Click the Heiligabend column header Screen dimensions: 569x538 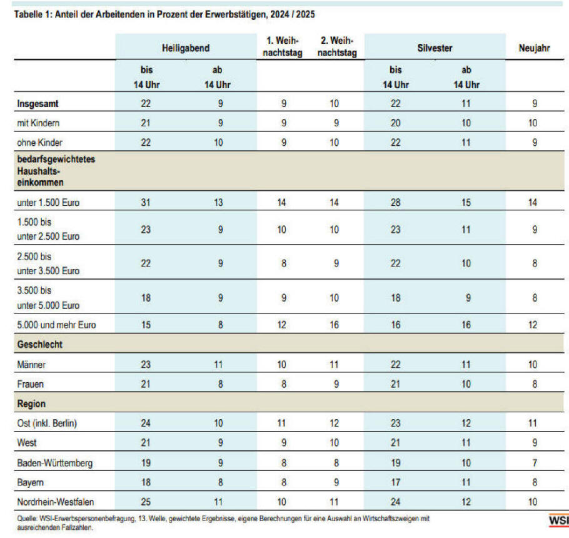point(186,48)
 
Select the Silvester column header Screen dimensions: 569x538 point(435,48)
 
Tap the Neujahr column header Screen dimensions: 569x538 point(534,48)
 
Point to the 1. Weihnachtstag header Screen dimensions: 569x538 point(283,46)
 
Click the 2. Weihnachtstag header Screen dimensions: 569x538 point(337,46)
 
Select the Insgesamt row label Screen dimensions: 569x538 point(38,104)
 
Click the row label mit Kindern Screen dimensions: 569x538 point(38,123)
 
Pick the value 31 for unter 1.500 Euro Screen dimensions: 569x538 point(146,202)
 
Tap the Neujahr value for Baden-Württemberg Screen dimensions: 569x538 point(535,463)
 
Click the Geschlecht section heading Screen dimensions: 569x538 point(39,344)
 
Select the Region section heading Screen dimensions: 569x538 point(31,403)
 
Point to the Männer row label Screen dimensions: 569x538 point(31,365)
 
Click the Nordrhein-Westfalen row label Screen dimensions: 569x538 point(55,502)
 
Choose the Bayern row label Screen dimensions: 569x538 point(30,482)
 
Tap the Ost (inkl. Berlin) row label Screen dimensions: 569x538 point(47,424)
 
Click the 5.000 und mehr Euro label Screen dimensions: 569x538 point(56,325)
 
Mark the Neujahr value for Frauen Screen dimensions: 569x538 point(535,384)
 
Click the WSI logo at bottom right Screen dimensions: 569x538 point(559,520)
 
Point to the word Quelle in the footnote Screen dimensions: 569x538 point(26,519)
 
